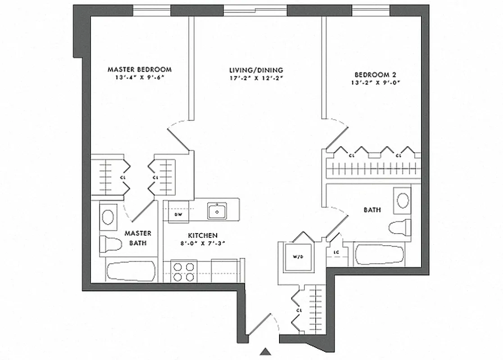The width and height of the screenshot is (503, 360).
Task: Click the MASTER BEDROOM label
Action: coord(139,69)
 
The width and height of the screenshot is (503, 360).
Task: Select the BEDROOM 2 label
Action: coord(375,75)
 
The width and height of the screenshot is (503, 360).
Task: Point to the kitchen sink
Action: coord(217,211)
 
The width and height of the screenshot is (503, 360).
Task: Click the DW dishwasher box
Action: coord(178,215)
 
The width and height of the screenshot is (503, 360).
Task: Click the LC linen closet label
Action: coord(336,252)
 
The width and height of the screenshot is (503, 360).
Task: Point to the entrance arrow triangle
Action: coord(266,351)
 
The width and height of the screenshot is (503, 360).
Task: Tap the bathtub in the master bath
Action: coord(131,272)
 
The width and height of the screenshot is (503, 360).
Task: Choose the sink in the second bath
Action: coord(402,201)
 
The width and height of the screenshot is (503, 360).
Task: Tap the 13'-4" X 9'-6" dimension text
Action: coord(139,77)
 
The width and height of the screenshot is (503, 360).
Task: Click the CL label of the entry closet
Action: coord(299,310)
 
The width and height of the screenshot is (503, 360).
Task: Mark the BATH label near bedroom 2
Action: coord(372,210)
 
